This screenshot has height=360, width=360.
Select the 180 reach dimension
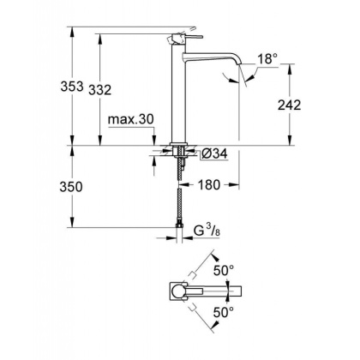pyautogui.click(x=210, y=184)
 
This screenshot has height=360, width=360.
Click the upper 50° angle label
pyautogui.click(x=225, y=270)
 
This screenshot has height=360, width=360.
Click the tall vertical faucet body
pyautogui.click(x=178, y=94)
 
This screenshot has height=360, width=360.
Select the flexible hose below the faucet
pyautogui.click(x=178, y=197)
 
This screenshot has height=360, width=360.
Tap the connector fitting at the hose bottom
pyautogui.click(x=178, y=227)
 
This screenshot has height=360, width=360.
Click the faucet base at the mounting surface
pyautogui.click(x=178, y=143)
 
